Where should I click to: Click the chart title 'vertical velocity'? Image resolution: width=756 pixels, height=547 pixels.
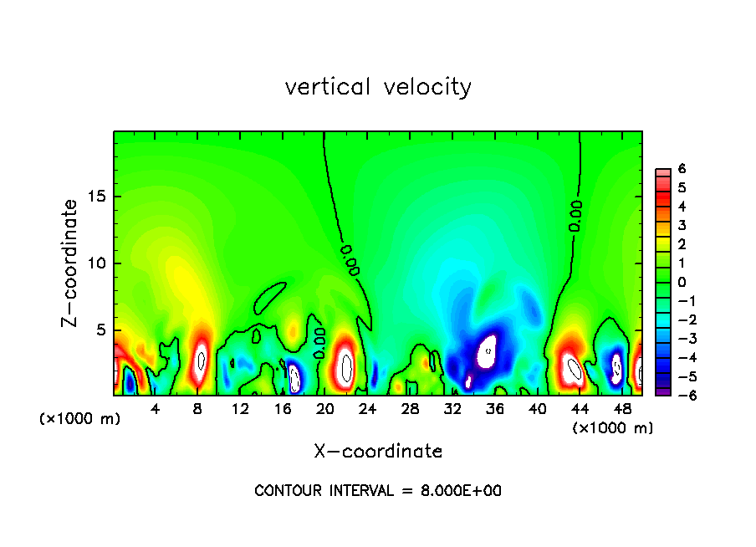coord(378,87)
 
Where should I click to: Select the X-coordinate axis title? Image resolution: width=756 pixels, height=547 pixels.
coord(378,452)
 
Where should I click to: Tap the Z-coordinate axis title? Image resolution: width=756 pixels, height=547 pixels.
coord(71,262)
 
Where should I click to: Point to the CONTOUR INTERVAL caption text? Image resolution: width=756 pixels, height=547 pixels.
coord(378,491)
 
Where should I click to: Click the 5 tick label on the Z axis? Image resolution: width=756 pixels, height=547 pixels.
coord(100,330)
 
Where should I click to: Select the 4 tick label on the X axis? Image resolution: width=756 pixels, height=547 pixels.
coord(156,409)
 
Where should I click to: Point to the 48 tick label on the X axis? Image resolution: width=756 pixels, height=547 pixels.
coord(622,409)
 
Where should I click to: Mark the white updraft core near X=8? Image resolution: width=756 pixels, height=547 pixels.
coord(201,361)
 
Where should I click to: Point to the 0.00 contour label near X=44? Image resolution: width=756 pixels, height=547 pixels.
coord(575,216)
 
